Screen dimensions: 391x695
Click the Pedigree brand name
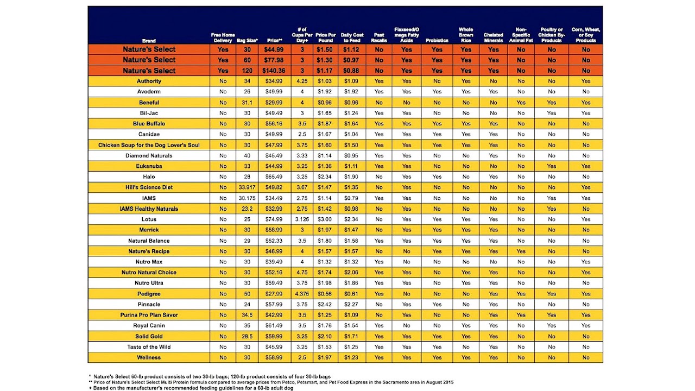tap(149, 294)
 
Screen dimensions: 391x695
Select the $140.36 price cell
tap(274, 71)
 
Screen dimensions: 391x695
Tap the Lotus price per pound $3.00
tap(325, 219)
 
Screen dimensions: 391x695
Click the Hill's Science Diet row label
tap(149, 187)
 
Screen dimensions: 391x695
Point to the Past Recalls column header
tap(379, 37)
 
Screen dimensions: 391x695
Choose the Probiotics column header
tap(437, 40)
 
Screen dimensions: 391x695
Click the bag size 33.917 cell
tap(247, 187)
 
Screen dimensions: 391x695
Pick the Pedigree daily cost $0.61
tap(351, 294)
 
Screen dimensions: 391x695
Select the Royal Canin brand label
tap(149, 326)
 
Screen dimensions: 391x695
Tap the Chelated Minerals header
tap(493, 37)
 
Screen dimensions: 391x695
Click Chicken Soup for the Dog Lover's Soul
tap(149, 145)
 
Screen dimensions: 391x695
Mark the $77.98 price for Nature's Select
tap(274, 60)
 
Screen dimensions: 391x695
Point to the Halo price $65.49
tap(274, 176)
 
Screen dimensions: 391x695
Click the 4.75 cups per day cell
tap(302, 273)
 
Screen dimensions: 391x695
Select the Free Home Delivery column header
tap(223, 37)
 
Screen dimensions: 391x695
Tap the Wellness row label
tap(149, 358)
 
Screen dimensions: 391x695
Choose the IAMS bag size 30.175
tap(247, 198)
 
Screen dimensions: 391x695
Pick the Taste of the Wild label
tap(149, 347)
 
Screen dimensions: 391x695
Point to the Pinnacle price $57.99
tap(274, 305)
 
